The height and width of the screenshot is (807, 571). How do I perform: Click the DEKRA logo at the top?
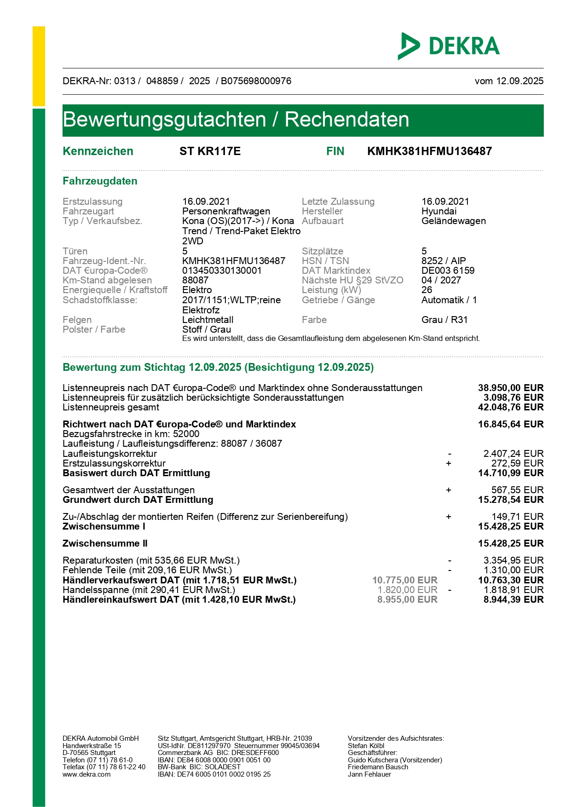(x=449, y=46)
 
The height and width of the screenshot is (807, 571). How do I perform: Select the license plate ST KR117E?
(x=210, y=151)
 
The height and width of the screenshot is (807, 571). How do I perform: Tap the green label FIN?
(x=335, y=151)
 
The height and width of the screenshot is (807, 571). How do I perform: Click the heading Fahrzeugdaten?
(x=100, y=181)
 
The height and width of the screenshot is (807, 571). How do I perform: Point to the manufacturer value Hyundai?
(x=439, y=211)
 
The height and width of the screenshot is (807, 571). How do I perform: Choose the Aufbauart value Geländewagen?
(x=453, y=221)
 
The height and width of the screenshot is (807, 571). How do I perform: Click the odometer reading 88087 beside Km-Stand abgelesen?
(x=195, y=280)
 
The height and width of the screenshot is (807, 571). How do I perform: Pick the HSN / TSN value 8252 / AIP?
(x=444, y=261)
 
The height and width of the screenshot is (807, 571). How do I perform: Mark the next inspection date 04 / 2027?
(x=441, y=280)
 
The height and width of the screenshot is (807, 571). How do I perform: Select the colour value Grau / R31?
(x=444, y=320)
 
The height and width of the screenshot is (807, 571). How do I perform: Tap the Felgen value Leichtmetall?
(x=208, y=320)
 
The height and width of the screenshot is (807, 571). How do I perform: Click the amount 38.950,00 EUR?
(x=511, y=388)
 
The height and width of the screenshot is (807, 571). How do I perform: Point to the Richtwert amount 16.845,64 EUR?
(x=511, y=424)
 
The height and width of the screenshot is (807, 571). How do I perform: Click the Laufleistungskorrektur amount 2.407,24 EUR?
(x=513, y=454)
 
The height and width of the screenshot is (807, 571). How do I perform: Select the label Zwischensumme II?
(x=105, y=543)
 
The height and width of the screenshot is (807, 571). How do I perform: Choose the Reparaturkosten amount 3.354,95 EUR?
(x=513, y=560)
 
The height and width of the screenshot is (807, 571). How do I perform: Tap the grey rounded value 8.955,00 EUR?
(x=407, y=599)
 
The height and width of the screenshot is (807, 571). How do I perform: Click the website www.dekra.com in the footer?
(x=87, y=774)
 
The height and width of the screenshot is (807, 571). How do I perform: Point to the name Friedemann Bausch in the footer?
(x=378, y=767)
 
